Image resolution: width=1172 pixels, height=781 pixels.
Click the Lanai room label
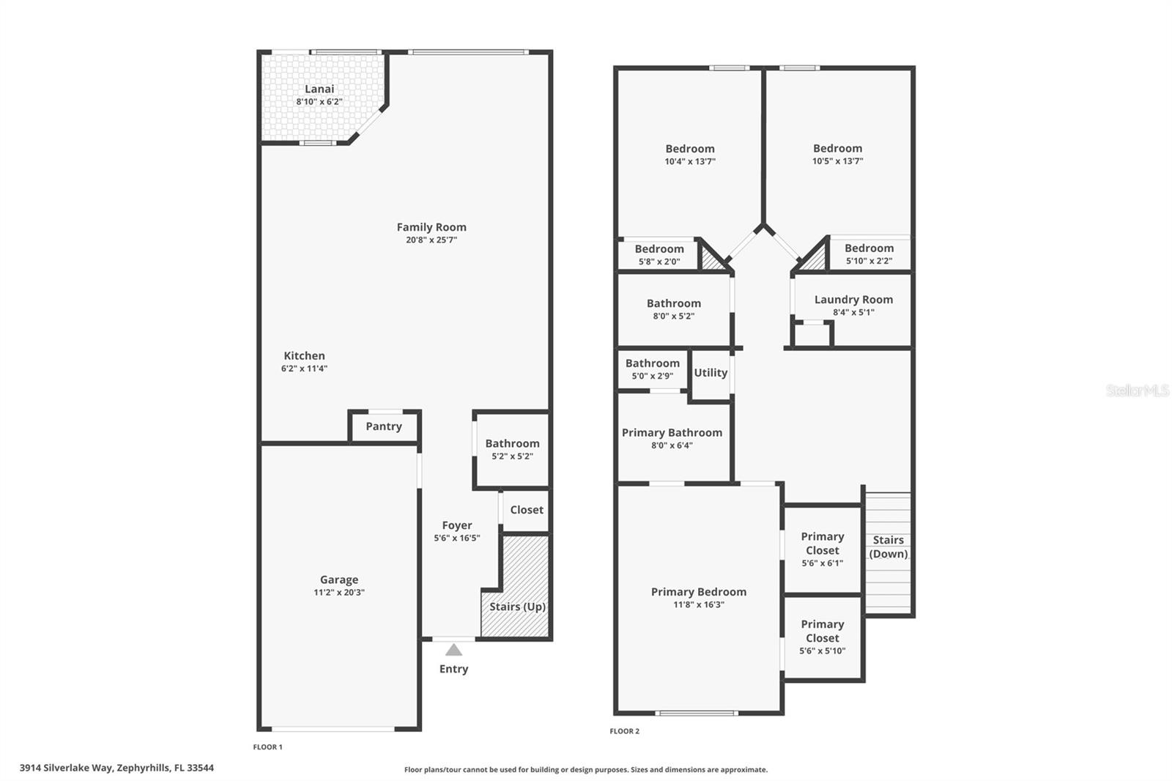319,89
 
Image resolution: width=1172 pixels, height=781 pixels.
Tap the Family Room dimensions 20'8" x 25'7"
431,240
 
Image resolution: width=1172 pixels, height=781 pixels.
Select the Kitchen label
304,356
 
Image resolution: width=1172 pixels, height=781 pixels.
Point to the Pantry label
384,426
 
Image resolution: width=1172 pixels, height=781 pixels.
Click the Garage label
339,580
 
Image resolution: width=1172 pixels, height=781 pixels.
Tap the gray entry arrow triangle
454,650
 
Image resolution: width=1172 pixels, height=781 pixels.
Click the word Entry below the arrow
453,669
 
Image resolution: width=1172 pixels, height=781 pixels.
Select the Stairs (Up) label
517,607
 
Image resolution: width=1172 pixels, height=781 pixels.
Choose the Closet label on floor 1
527,510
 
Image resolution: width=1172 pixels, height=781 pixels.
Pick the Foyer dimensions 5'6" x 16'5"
457,538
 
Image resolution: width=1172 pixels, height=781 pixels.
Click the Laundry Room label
853,300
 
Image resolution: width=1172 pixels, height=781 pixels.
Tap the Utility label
711,373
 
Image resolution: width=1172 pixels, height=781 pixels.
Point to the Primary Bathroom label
672,433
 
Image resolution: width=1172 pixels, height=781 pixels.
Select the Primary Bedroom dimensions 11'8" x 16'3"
699,604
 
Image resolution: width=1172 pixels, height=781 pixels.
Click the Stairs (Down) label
889,547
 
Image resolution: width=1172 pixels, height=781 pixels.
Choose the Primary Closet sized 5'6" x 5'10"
823,637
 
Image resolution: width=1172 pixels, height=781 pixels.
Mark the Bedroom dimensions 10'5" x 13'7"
837,161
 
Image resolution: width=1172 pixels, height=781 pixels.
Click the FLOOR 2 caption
625,731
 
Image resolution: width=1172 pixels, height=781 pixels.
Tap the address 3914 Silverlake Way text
116,768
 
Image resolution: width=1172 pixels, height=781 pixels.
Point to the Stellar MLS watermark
1137,390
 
